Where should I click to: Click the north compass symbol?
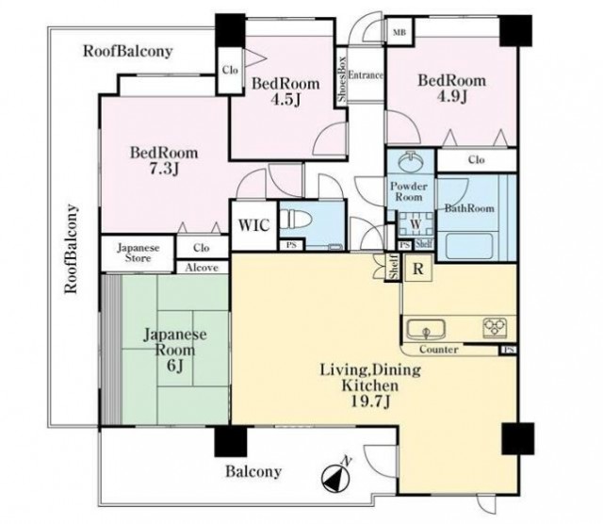point(336,476)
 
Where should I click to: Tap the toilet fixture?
point(295,221)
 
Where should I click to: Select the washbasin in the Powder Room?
point(411,162)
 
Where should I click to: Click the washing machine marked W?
point(416,223)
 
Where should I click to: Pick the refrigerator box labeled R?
point(418,268)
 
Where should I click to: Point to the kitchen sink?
point(426,329)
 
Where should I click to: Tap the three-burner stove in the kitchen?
point(495,328)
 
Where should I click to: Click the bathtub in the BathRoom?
point(469,245)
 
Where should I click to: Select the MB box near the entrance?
point(399,32)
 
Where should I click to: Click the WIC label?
point(253,225)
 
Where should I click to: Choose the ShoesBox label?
point(342,79)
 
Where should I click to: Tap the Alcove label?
point(202,268)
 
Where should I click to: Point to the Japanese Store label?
point(139,253)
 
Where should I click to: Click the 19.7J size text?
point(370,401)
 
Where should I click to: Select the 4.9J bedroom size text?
point(452,96)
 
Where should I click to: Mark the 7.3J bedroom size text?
point(164,169)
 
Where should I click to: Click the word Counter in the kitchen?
point(438,350)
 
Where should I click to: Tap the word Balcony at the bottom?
point(253,471)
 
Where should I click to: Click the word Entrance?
point(366,75)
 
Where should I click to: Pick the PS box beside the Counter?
point(509,350)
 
